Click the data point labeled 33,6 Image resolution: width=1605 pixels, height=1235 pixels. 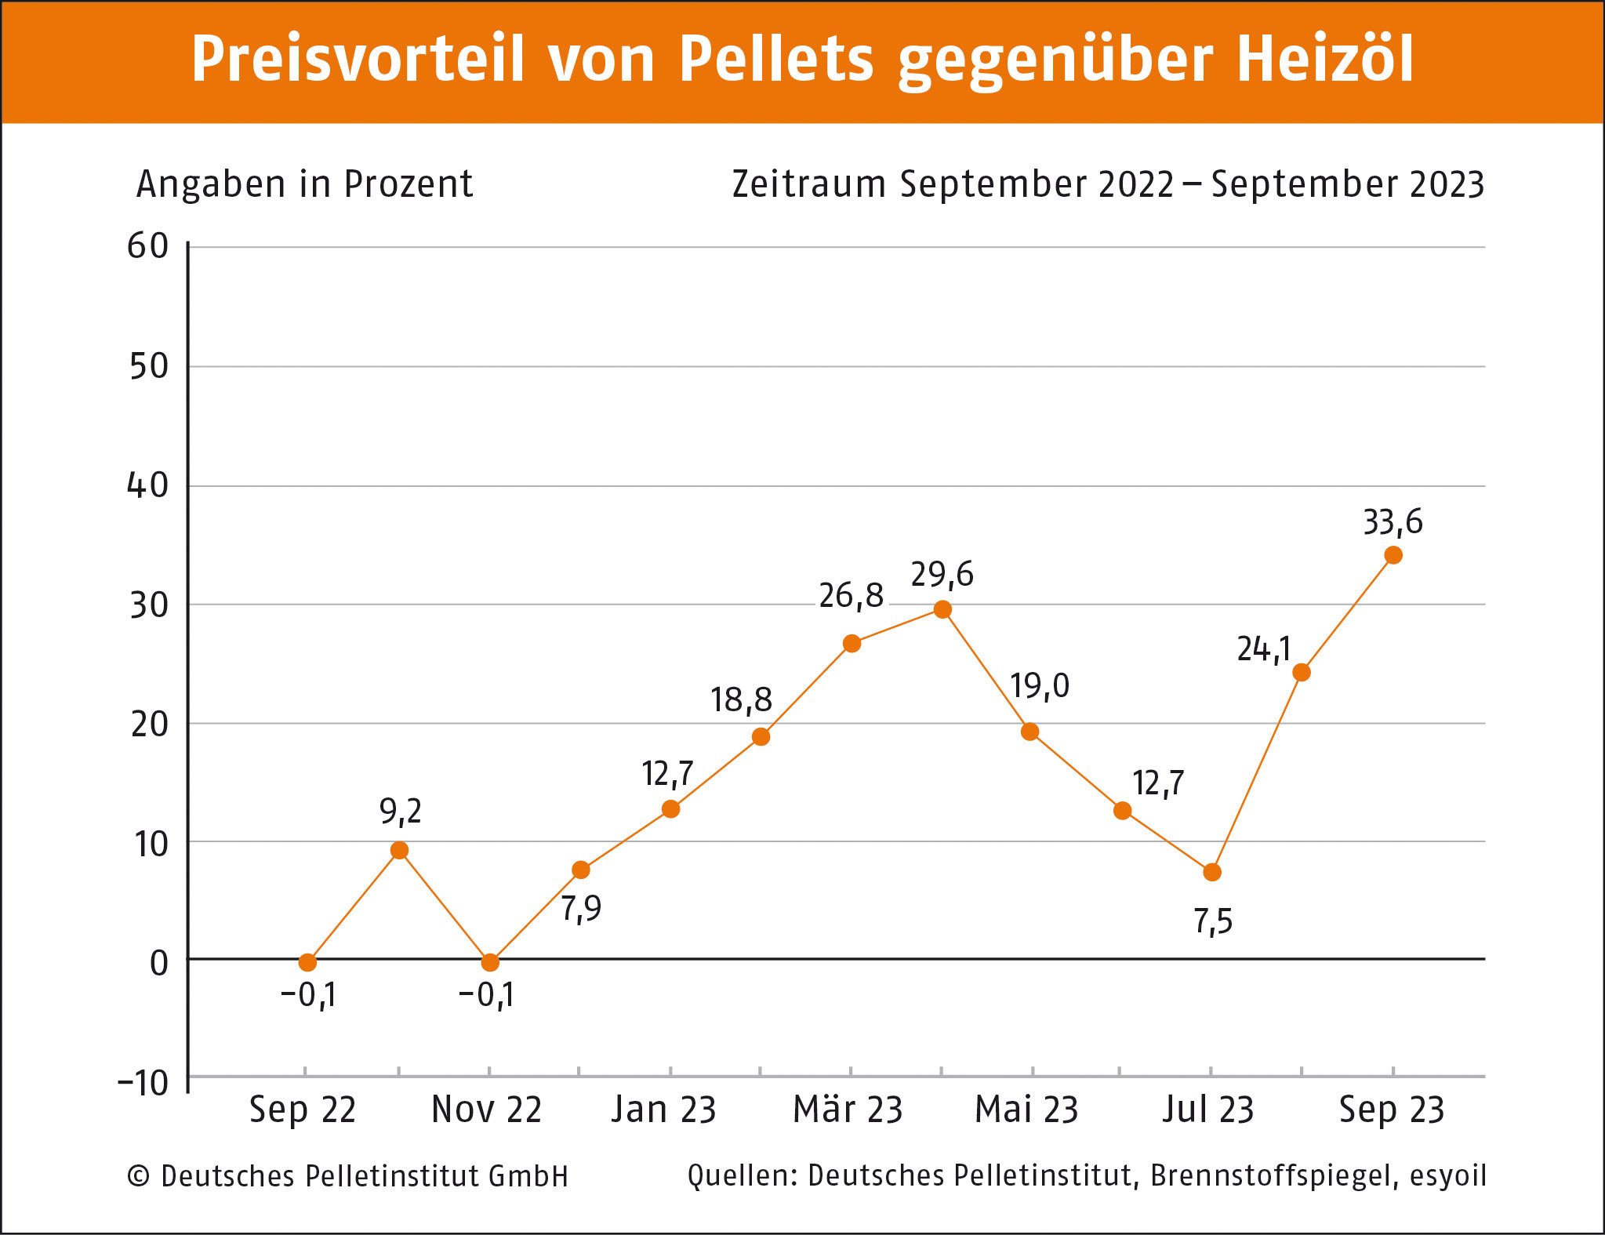1393,555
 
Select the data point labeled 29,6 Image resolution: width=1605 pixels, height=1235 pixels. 942,609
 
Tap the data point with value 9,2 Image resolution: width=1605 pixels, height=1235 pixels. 399,850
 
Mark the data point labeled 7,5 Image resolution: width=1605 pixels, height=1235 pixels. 1212,872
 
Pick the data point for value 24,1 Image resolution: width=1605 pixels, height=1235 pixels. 1302,672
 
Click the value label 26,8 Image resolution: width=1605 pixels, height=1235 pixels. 851,596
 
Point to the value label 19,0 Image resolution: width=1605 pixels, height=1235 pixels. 1039,686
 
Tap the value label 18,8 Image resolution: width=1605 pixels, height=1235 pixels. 741,700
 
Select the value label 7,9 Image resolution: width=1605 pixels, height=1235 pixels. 581,909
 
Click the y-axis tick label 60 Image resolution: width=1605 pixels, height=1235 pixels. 148,246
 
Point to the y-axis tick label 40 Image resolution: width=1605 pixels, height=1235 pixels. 148,486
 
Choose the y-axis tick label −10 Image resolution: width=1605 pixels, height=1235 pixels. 143,1084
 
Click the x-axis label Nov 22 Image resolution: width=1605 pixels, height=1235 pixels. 487,1110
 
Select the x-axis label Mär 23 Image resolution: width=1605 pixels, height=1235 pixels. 848,1110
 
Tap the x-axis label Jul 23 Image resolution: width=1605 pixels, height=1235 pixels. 1207,1110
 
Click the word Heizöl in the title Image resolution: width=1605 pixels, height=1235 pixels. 1325,59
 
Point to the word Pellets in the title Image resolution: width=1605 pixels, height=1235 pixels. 775,59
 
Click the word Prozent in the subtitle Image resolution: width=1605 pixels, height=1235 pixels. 409,185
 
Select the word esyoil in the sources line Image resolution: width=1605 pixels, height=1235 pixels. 1447,1176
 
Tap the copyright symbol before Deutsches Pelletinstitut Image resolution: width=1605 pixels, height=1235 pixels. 139,1176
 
